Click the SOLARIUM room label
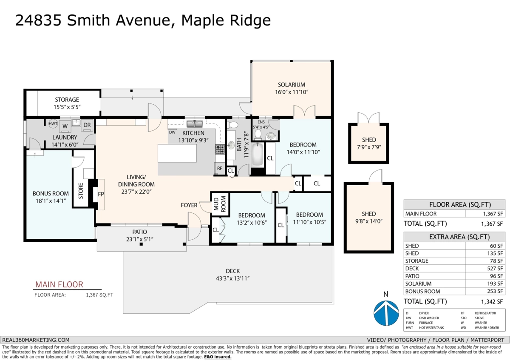tap(292, 84)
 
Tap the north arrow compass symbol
tap(386, 312)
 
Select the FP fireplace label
tap(101, 194)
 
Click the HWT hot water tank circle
tap(53, 124)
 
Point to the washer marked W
tap(65, 126)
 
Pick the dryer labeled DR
tap(86, 125)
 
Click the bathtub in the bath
tap(258, 155)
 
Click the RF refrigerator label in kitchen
tap(219, 168)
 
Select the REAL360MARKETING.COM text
tap(36, 340)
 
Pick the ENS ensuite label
tap(261, 122)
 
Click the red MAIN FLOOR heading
tap(59, 284)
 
